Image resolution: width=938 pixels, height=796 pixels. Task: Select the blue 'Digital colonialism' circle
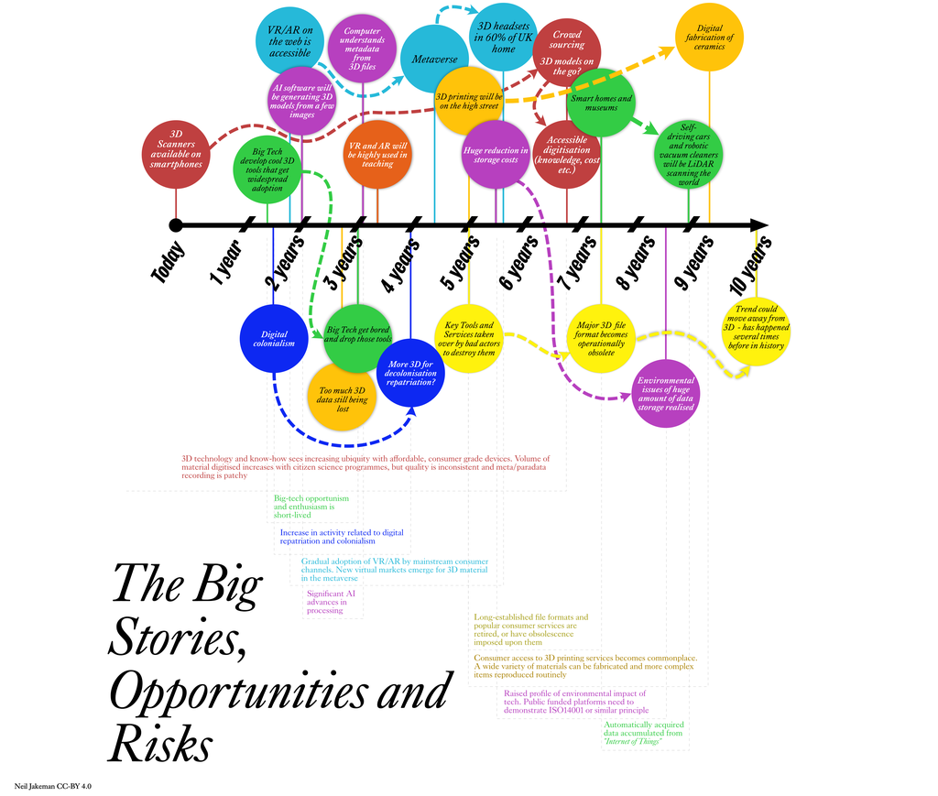tap(274, 339)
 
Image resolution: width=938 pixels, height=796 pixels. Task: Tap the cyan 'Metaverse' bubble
tap(434, 59)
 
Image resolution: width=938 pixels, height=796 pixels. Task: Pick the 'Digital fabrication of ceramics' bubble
tap(709, 38)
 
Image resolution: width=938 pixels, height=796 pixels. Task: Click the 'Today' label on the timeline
tap(169, 261)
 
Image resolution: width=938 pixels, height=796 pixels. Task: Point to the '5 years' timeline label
tap(460, 261)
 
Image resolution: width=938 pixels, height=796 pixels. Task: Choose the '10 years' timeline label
tap(749, 265)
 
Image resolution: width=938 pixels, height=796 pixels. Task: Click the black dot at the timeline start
tap(176, 225)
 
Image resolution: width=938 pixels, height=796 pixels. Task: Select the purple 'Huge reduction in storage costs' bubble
tap(496, 155)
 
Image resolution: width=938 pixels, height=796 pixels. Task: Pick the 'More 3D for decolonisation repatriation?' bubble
tap(410, 374)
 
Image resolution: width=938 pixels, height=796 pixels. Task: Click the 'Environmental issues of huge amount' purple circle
tap(666, 394)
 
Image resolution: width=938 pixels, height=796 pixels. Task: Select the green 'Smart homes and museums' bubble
tap(601, 103)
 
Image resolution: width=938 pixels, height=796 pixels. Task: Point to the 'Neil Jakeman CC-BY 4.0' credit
tap(53, 786)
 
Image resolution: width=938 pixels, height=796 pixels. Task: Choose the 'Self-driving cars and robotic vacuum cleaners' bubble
tap(689, 154)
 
